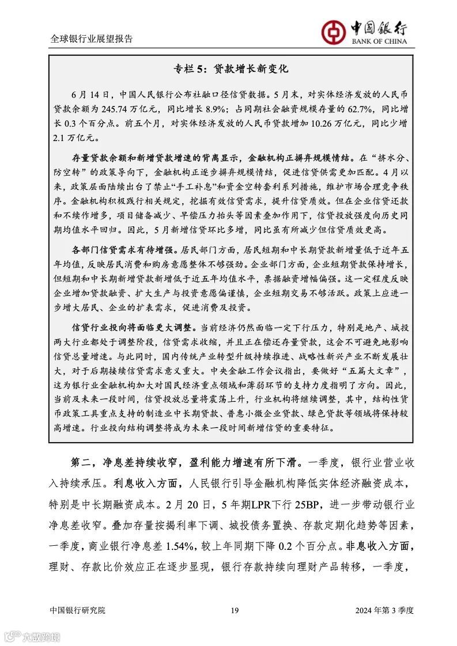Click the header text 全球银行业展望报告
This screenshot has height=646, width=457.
point(92,39)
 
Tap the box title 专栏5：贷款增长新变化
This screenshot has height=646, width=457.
point(231,69)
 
